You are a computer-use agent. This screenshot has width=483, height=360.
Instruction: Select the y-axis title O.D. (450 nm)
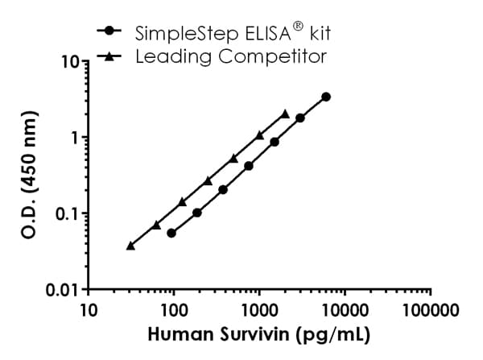click(26, 176)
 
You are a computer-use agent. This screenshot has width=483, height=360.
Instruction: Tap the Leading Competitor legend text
click(231, 56)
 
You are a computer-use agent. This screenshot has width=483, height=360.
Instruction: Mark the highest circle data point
click(325, 97)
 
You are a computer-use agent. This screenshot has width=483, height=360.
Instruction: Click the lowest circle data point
click(171, 233)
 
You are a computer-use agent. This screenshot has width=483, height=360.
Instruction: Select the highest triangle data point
click(285, 114)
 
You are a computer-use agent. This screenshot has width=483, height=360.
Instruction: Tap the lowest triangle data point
click(130, 246)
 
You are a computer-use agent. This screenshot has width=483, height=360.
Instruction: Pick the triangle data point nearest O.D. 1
click(259, 135)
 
